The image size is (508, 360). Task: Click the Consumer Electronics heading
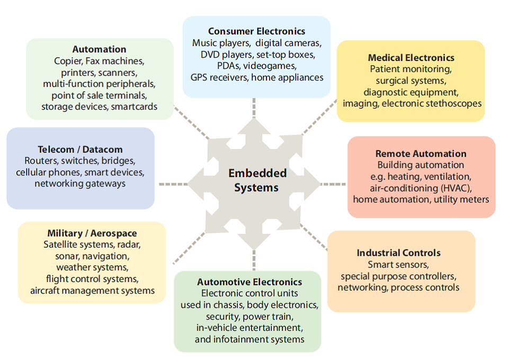pos(256,31)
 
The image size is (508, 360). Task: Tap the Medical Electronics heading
pos(411,57)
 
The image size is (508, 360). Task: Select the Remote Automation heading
pos(421,154)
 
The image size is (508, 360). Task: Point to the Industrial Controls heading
pos(398,253)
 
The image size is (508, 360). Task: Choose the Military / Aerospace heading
pos(92,233)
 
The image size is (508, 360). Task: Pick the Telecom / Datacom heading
pos(80,150)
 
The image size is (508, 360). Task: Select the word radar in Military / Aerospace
pos(129,244)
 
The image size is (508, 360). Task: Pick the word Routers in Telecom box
pos(40,161)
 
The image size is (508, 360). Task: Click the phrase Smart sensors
pos(398,265)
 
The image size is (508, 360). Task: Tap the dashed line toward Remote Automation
pos(334,185)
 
